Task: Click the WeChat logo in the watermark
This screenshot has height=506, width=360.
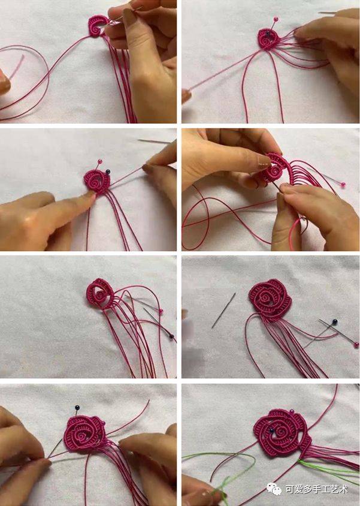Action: (273, 489)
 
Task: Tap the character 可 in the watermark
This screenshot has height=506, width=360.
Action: (290, 489)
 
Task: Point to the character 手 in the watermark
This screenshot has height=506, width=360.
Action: (316, 489)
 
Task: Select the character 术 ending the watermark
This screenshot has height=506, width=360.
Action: (343, 489)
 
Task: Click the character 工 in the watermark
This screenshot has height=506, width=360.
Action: (325, 489)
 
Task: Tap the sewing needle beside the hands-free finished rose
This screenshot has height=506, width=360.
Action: (223, 311)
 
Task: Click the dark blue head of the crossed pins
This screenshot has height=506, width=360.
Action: (335, 322)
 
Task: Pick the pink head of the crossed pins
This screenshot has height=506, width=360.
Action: (356, 345)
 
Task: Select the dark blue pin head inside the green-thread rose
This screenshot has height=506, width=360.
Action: (272, 430)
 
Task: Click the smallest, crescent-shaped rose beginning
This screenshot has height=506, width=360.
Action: (97, 26)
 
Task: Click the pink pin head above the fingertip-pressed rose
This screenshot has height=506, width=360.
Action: (100, 161)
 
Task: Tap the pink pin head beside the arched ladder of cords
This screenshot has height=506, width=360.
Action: (344, 185)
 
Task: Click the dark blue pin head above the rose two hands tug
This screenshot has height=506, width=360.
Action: (77, 408)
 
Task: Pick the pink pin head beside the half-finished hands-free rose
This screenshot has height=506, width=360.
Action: (161, 311)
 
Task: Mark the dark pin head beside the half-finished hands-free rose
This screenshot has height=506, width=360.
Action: (172, 336)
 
